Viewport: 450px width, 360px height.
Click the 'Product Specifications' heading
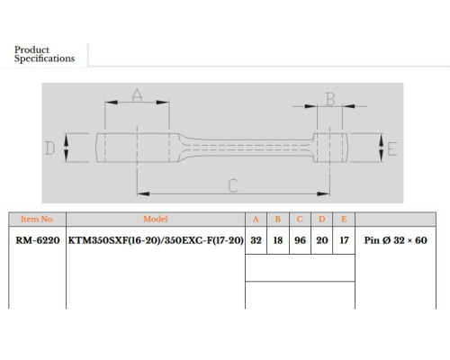coord(44,54)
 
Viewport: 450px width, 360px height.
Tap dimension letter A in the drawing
coord(137,94)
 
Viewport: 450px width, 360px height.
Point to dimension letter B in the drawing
coord(330,99)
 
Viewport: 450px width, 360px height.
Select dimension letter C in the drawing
coord(233,185)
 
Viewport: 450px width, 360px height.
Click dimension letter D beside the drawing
coord(49,148)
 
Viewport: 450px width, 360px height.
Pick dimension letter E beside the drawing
coord(392,149)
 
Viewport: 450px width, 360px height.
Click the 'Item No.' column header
coord(38,219)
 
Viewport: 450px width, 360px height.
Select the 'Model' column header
coord(156,219)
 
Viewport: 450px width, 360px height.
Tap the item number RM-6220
coord(38,240)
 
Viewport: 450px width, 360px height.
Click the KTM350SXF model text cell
coord(156,240)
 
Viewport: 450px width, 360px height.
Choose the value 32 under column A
coord(256,240)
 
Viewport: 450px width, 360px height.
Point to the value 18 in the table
coord(278,240)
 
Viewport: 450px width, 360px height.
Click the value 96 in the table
coord(300,240)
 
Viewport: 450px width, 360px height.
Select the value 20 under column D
coord(322,240)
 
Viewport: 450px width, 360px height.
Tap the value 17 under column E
coord(344,240)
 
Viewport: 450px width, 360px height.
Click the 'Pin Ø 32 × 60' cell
coord(396,240)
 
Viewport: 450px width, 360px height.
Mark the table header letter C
coord(300,219)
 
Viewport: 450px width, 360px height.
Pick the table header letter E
coord(344,219)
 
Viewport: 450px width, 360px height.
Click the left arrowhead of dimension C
coord(143,193)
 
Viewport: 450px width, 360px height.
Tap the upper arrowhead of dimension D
coord(67,139)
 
